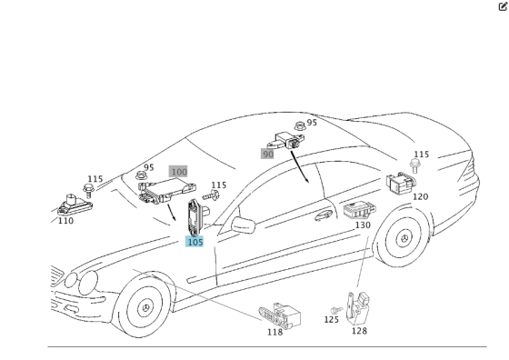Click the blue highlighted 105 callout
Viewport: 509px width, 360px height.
195,242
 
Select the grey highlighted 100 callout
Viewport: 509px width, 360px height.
178,172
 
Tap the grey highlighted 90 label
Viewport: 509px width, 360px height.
267,154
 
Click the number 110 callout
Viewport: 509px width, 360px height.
65,221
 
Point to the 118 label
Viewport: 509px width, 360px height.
274,332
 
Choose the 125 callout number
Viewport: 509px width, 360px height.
332,320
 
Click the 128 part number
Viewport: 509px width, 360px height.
359,331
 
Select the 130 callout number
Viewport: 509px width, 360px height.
363,225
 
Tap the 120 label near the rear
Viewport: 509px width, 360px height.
420,196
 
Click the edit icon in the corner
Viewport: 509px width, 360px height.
503,6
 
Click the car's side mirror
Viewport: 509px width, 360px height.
244,225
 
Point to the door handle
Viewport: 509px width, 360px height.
324,215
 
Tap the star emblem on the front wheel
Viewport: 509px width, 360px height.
145,308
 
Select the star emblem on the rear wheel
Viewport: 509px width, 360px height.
404,239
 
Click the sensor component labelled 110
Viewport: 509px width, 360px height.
75,205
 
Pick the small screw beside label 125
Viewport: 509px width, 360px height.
336,310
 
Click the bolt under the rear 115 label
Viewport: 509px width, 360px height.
414,165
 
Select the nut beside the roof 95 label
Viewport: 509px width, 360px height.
300,125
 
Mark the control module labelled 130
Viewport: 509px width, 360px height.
360,210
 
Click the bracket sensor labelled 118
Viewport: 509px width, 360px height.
280,315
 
